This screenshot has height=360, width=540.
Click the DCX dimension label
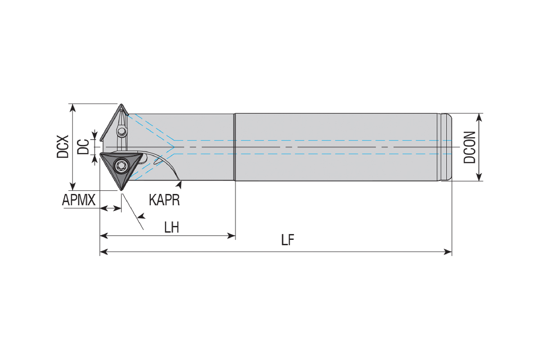[x=63, y=147]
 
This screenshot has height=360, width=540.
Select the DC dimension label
[x=83, y=146]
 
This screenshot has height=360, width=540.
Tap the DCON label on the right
[x=470, y=147]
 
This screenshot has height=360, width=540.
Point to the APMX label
[x=79, y=200]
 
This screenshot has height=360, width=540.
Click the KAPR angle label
[x=164, y=200]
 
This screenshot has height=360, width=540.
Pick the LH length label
[x=171, y=227]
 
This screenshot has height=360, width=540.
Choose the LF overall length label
[x=288, y=240]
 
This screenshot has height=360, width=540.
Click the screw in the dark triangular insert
[x=121, y=166]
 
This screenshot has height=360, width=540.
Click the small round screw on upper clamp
[x=121, y=132]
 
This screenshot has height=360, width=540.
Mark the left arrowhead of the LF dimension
[x=103, y=252]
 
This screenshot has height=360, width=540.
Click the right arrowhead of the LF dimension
[x=448, y=252]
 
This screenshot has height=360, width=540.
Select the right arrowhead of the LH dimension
[x=231, y=236]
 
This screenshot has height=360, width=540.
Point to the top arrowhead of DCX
[x=72, y=108]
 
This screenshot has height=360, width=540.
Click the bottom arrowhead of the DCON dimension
[x=479, y=177]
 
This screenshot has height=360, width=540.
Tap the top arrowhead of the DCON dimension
[x=479, y=117]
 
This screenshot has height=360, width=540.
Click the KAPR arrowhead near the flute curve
[x=179, y=184]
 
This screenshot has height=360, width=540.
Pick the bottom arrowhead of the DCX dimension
[x=72, y=186]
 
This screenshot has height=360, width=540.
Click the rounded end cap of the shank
[x=446, y=147]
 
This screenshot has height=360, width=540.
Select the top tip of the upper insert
[x=121, y=104]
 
